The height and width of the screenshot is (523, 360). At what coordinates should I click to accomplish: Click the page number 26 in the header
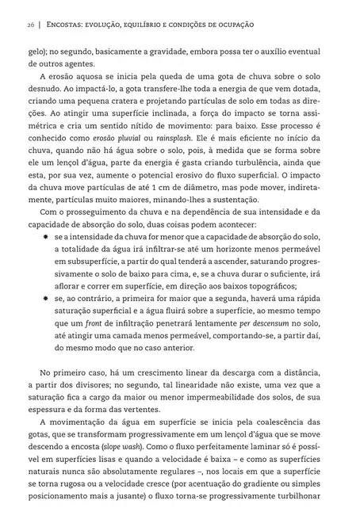pyautogui.click(x=30, y=26)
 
